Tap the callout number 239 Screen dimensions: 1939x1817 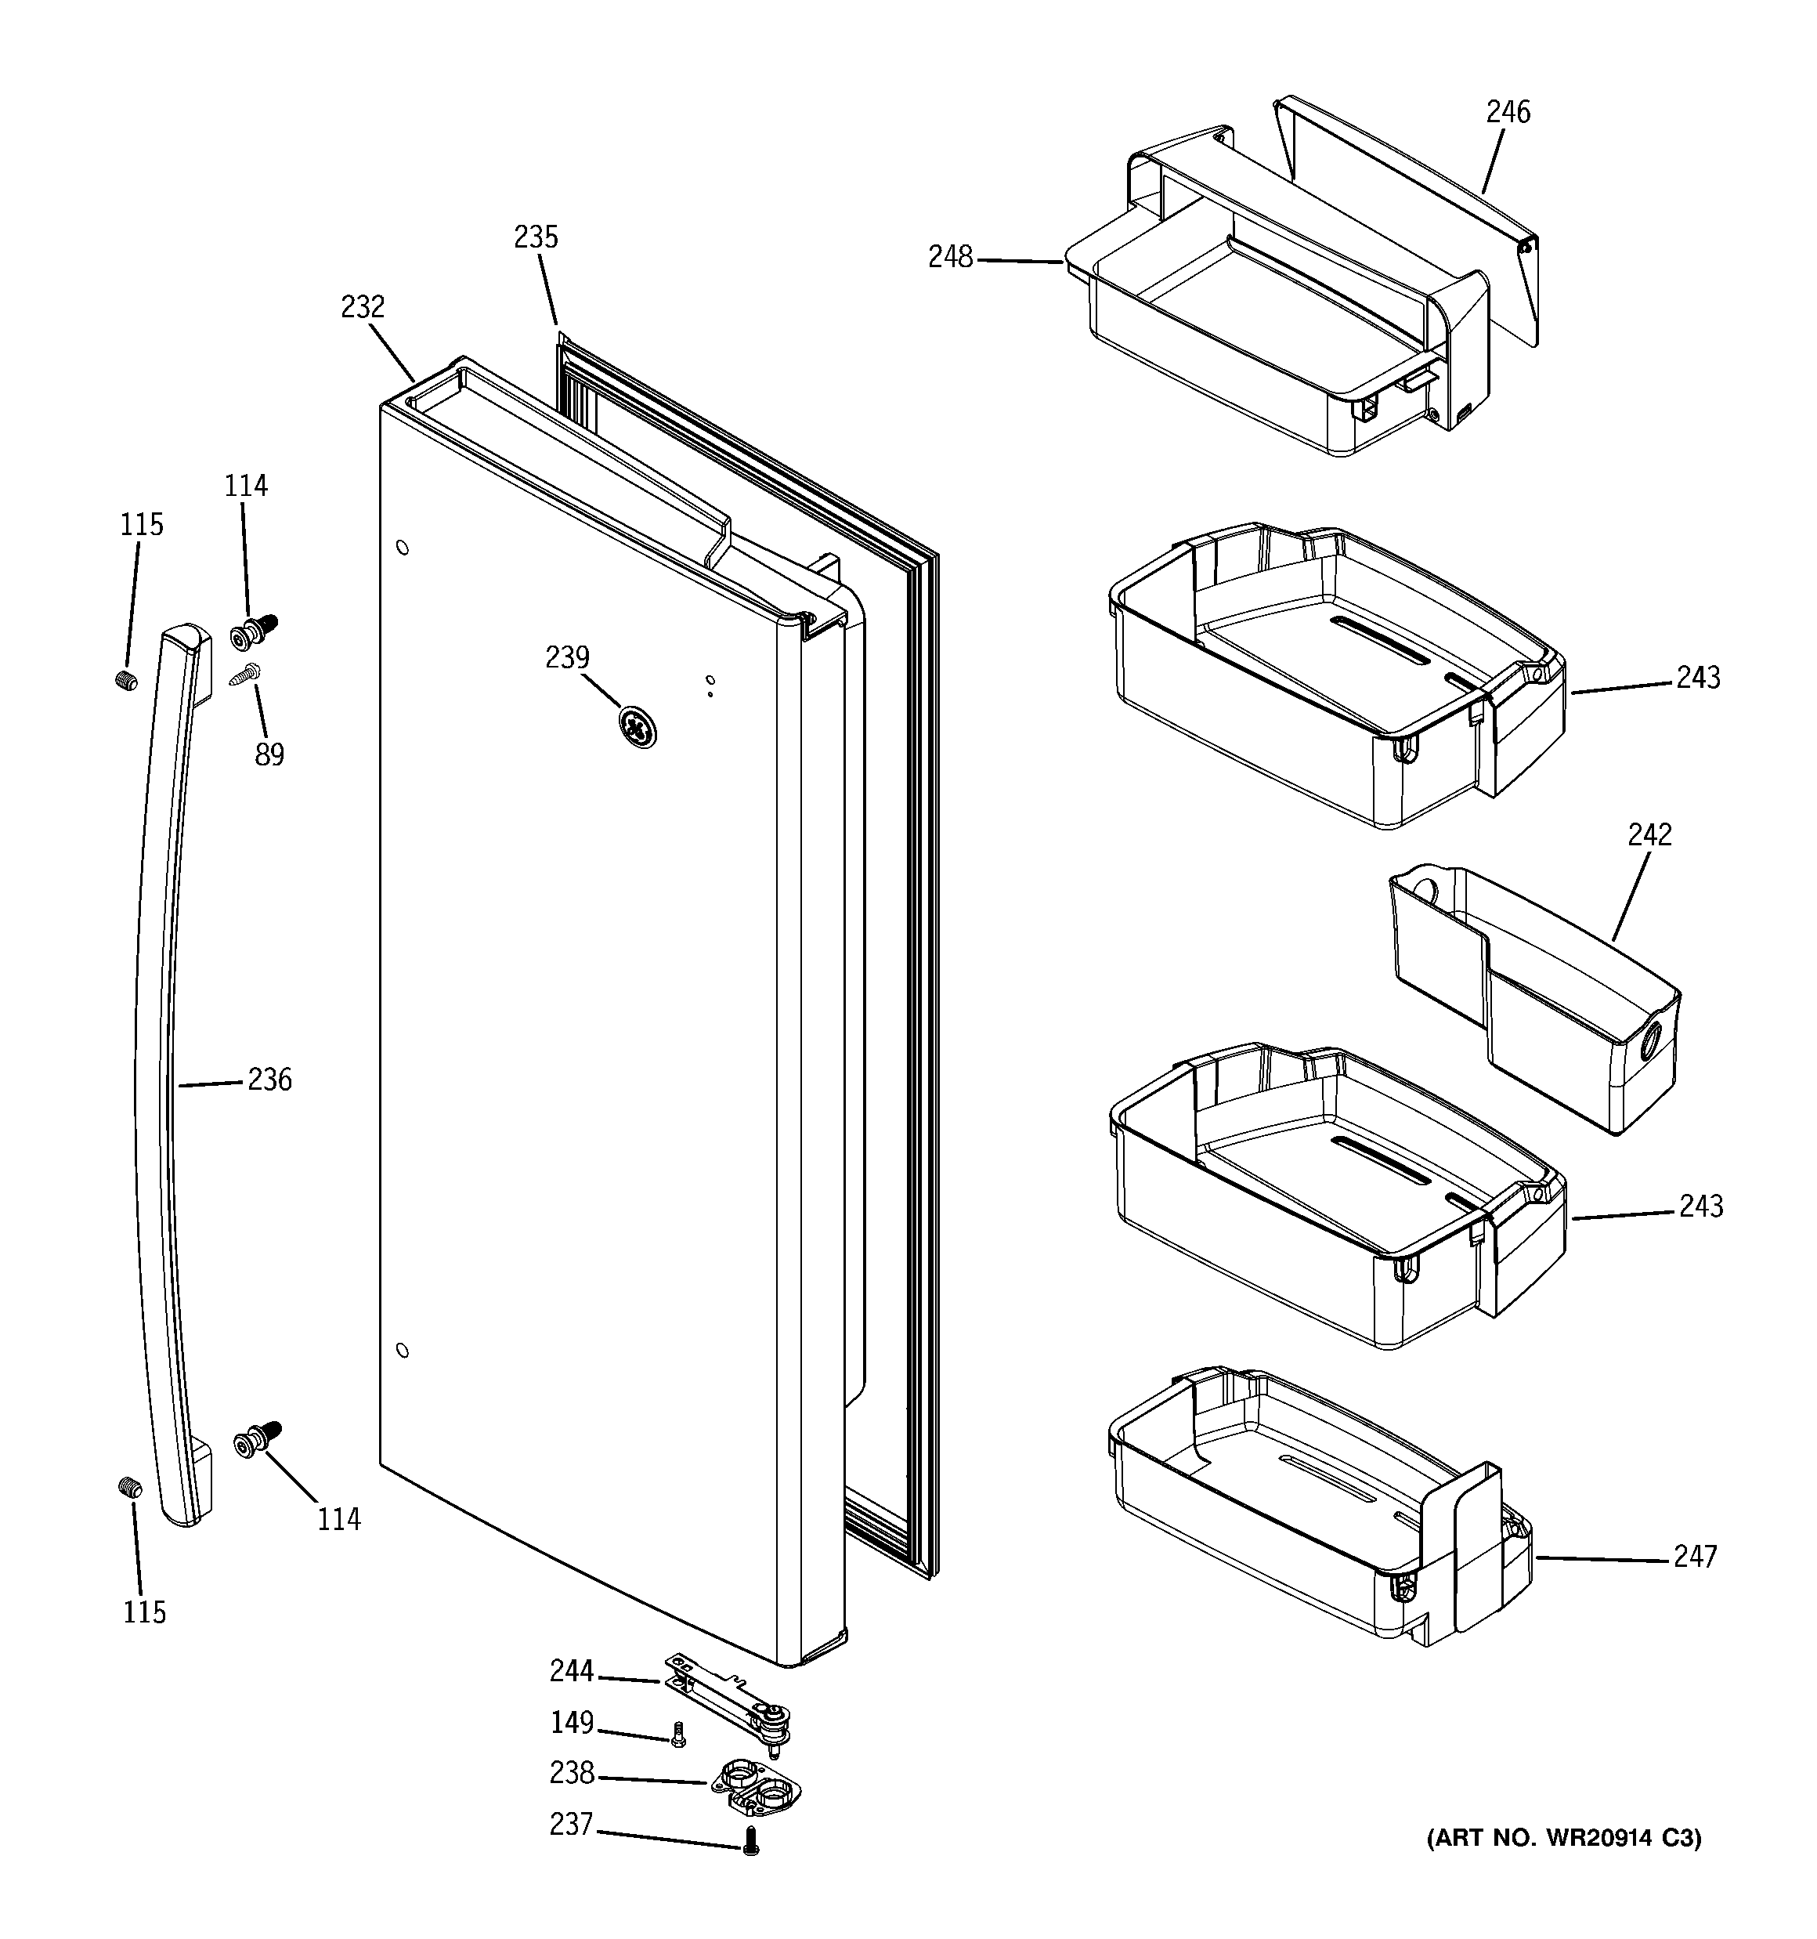click(x=567, y=657)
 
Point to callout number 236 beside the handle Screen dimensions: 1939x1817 click(x=269, y=1080)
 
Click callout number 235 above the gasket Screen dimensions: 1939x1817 click(x=536, y=237)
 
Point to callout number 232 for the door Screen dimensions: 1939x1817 click(x=363, y=307)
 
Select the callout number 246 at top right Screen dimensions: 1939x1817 click(x=1508, y=112)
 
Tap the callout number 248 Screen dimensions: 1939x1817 click(x=950, y=258)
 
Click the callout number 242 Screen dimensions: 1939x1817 click(x=1649, y=835)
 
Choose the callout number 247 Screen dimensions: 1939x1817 click(x=1695, y=1556)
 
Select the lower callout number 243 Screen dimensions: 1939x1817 click(x=1701, y=1206)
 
